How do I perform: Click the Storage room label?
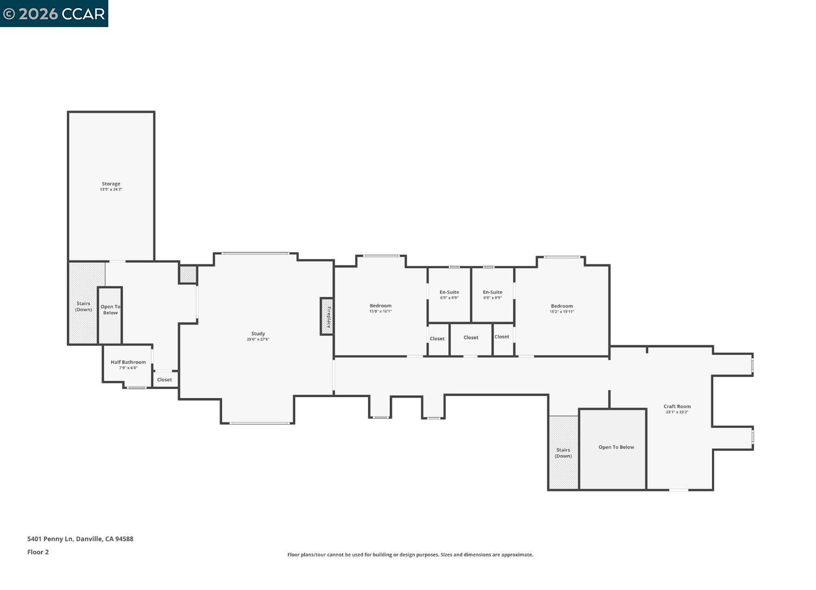click(111, 184)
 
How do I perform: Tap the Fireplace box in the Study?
click(327, 316)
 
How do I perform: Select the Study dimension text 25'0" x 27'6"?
click(258, 340)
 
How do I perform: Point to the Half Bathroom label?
click(128, 362)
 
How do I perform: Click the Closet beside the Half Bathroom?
click(165, 380)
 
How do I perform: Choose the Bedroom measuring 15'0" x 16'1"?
click(381, 306)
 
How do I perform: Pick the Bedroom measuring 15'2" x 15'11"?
click(562, 306)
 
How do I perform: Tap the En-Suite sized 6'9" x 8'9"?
click(449, 293)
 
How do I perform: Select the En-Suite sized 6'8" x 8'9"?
click(493, 293)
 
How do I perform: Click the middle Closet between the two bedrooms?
click(471, 338)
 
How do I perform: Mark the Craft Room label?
click(677, 406)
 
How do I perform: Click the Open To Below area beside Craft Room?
click(616, 448)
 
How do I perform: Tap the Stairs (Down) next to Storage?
click(83, 307)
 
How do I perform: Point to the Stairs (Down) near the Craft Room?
click(563, 453)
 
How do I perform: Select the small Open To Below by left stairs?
click(110, 310)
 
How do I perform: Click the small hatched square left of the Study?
click(188, 274)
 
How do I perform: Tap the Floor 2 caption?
click(38, 552)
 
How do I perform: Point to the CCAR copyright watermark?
click(54, 14)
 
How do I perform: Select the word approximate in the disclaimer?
click(517, 555)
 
